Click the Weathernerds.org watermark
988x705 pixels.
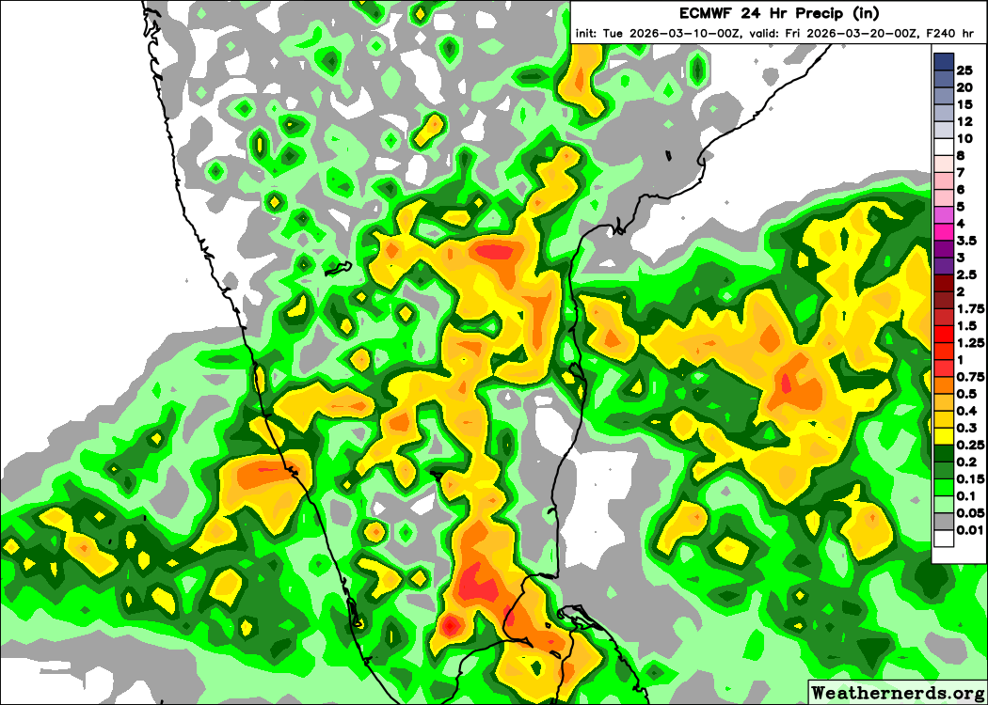896,693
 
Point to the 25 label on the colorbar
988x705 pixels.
964,70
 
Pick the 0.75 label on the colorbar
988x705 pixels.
970,377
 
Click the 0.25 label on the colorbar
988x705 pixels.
970,445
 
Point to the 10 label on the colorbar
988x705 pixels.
964,138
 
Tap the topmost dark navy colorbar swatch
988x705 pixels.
944,62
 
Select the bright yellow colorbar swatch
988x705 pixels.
944,436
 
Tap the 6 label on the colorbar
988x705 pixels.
961,189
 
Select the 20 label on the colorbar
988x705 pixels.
964,87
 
